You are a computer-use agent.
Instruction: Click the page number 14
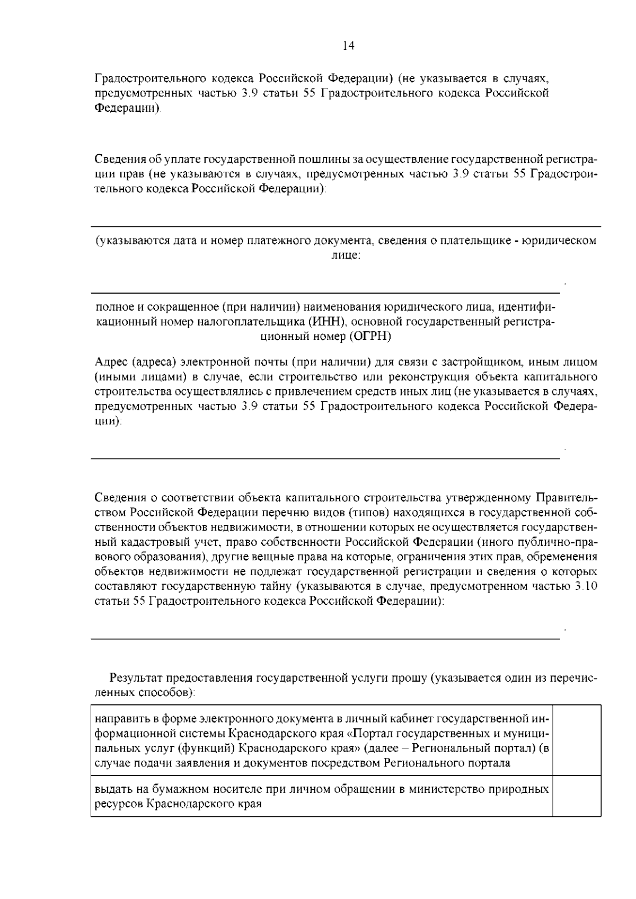coord(348,46)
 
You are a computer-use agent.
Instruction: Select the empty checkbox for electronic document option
coord(576,741)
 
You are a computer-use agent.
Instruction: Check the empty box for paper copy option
coord(576,796)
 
